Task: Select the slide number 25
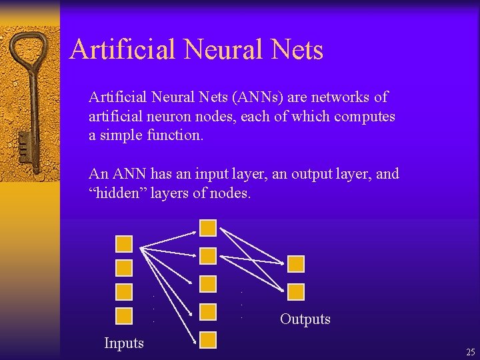point(470,352)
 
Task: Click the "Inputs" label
point(124,343)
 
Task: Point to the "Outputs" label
point(305,319)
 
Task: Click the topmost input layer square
point(124,243)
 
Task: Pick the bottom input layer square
point(124,315)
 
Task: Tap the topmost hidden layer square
point(208,228)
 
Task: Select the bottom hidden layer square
point(208,340)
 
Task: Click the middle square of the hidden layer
point(208,284)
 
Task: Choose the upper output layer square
point(296,263)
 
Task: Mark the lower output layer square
point(296,291)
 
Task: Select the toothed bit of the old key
point(25,143)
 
